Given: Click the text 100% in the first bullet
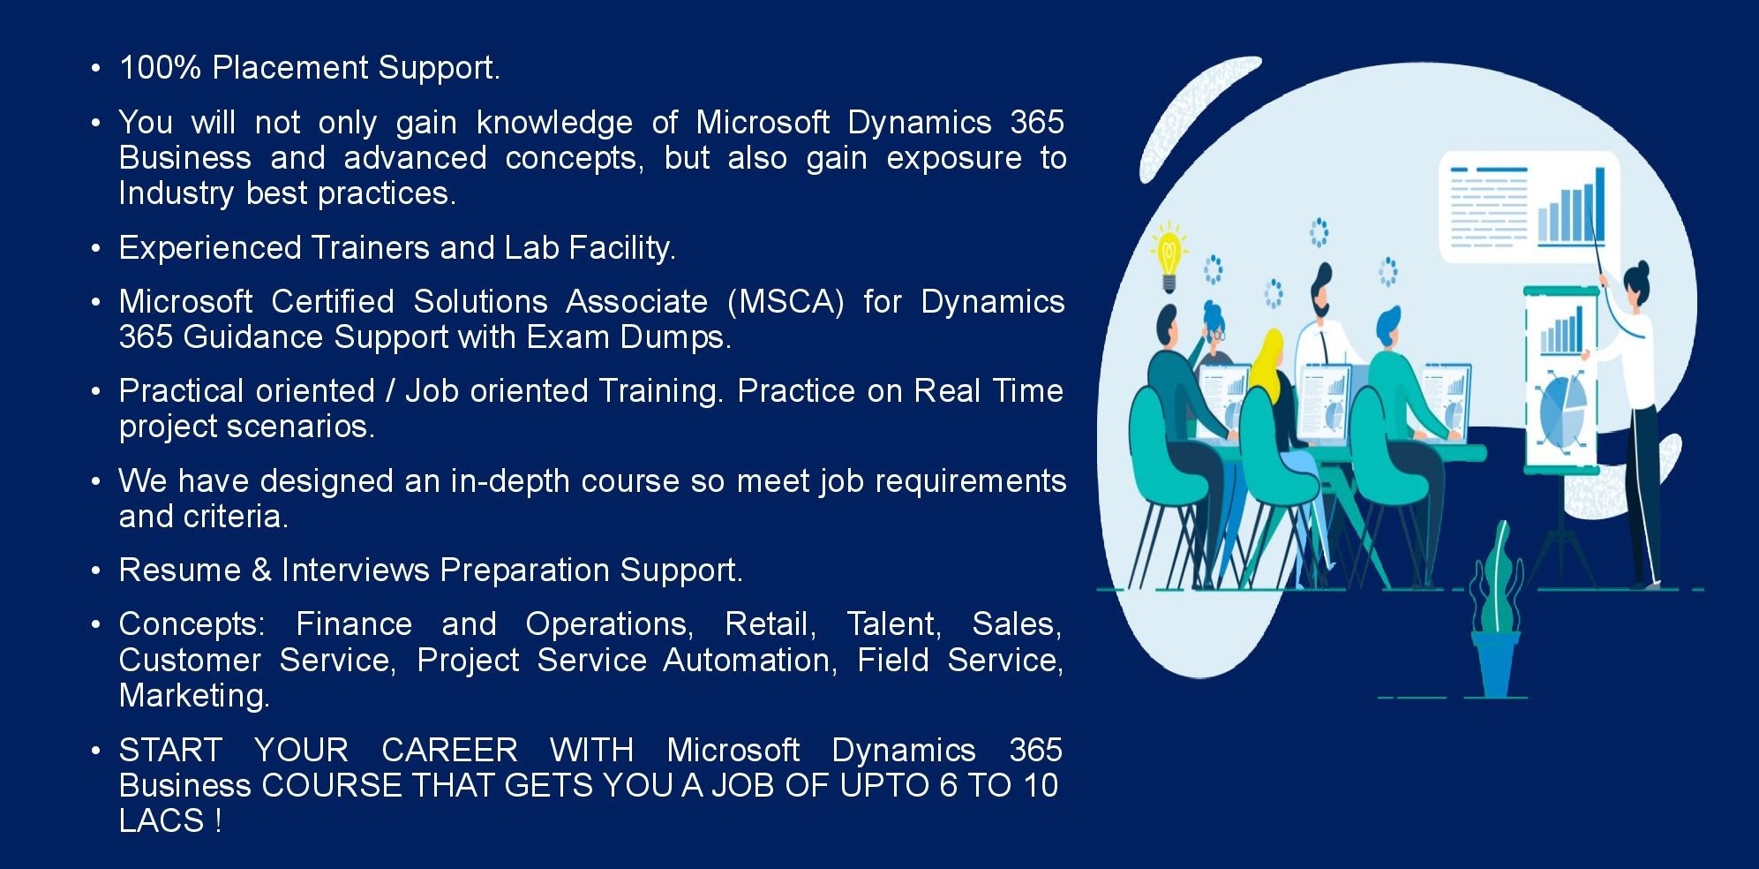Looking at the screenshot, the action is [161, 68].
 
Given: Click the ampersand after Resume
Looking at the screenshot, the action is [261, 571].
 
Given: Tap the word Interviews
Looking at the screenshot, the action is [356, 571].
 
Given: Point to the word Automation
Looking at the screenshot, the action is [750, 661].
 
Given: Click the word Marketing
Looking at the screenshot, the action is [194, 697].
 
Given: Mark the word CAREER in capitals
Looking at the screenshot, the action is [449, 751].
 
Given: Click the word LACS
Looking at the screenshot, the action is [162, 821].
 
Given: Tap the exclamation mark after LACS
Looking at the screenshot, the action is [218, 821].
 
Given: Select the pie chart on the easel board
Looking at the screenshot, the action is [1563, 407].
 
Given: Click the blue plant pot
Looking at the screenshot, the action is [1495, 664].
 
